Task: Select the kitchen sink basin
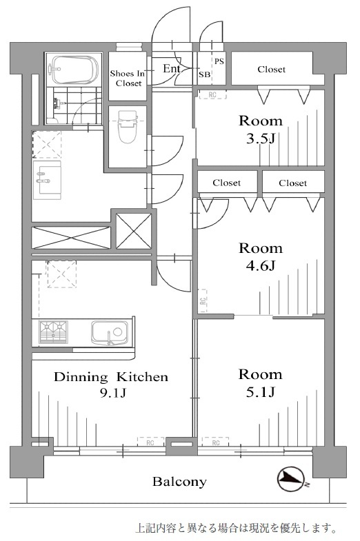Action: click(110, 333)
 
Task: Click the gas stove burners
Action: click(54, 332)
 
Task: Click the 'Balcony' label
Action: click(179, 481)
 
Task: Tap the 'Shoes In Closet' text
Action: click(128, 79)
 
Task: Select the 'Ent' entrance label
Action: click(171, 69)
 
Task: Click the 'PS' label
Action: click(219, 61)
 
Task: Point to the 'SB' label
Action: click(204, 74)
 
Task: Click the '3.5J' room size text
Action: click(261, 139)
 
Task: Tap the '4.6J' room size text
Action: click(261, 265)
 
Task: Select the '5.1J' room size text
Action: click(261, 392)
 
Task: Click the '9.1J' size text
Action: click(112, 393)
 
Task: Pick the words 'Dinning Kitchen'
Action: click(111, 377)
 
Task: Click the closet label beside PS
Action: click(272, 70)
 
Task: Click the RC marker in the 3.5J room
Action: click(212, 94)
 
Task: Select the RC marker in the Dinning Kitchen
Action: click(150, 442)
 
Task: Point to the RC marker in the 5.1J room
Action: click(215, 442)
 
